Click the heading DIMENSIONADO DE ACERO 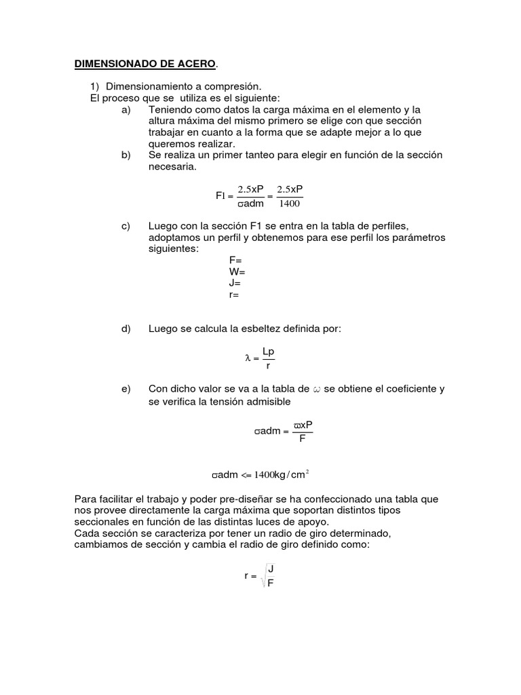click(x=145, y=64)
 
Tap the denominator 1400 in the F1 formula click(x=290, y=203)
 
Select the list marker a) click(x=125, y=109)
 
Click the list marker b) click(x=125, y=155)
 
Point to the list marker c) click(x=125, y=226)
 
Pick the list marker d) click(x=125, y=329)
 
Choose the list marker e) click(x=125, y=389)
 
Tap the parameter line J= click(x=235, y=284)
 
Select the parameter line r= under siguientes click(x=234, y=295)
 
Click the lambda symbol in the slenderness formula click(x=248, y=358)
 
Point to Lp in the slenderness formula click(x=269, y=352)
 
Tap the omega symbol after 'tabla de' click(x=316, y=389)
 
